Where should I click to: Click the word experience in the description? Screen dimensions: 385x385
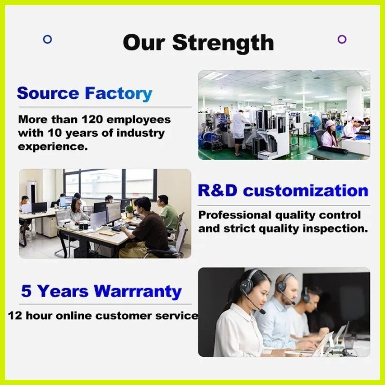coord(53,147)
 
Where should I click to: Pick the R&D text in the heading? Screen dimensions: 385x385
coord(218,190)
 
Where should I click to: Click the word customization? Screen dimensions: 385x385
coord(306,191)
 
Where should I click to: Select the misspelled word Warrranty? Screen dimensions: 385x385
coord(138,292)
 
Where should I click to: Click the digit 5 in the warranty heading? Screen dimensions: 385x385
coord(26,291)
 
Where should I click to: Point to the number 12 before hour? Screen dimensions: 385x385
coord(15,316)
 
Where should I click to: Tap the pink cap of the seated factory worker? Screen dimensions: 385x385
coord(329,123)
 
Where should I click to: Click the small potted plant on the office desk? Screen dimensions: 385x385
coord(129,211)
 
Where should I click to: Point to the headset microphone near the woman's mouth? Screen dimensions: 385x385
coord(262,312)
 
